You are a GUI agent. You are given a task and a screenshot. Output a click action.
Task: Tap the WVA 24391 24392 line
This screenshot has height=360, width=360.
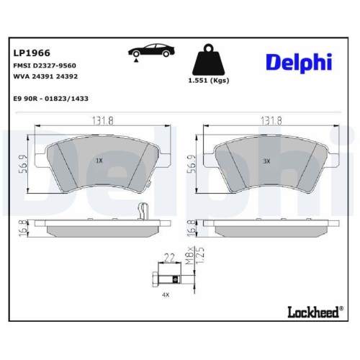(46, 75)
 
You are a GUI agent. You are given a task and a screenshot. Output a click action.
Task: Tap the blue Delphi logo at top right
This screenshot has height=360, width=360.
(299, 63)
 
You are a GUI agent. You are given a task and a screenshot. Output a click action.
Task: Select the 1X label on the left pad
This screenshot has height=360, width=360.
(99, 161)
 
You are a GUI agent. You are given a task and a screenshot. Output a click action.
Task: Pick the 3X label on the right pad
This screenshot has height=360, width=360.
(266, 161)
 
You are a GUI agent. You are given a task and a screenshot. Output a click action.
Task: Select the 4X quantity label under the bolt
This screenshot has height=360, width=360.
(165, 295)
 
